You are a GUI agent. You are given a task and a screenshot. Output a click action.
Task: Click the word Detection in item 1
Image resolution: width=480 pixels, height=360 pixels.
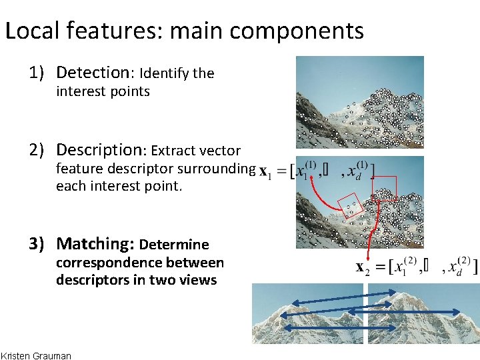click(x=95, y=72)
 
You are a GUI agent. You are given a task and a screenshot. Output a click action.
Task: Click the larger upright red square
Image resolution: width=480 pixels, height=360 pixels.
click(x=384, y=188)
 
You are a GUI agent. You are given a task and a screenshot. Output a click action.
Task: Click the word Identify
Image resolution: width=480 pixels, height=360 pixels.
click(x=164, y=73)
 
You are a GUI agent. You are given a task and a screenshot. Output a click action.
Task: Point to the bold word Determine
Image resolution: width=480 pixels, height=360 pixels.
click(x=174, y=245)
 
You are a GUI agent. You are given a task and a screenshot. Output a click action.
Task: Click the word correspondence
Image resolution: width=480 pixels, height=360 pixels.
click(x=104, y=263)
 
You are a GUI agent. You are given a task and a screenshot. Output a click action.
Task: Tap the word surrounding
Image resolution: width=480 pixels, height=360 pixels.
click(x=217, y=169)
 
